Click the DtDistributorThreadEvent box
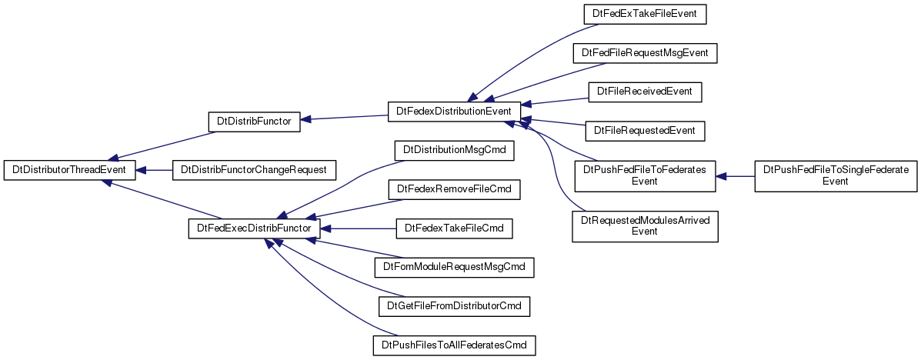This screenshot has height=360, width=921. pos(70,170)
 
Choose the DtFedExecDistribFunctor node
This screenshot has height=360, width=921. pos(254,228)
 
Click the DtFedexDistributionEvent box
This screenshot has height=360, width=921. pos(454,112)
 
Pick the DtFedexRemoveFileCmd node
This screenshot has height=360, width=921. pos(454,190)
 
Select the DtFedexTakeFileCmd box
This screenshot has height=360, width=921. pos(454,228)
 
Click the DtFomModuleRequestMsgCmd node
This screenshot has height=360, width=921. pos(454,267)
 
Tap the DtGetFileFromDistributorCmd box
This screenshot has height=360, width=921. pos(454,306)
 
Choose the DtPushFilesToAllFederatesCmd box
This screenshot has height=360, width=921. pos(454,345)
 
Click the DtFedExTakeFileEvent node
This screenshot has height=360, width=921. pos(645,14)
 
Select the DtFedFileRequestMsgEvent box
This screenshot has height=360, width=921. pos(645,53)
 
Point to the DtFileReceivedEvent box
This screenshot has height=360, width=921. pos(645,92)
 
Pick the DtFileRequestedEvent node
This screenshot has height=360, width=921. pos(645,130)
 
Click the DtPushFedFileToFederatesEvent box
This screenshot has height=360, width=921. pos(645,176)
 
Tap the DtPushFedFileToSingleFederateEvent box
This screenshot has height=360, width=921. pos(836,176)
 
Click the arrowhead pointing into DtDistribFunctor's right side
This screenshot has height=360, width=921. pos(306,120)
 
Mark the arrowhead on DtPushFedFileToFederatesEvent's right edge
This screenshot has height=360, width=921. pos(721,176)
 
